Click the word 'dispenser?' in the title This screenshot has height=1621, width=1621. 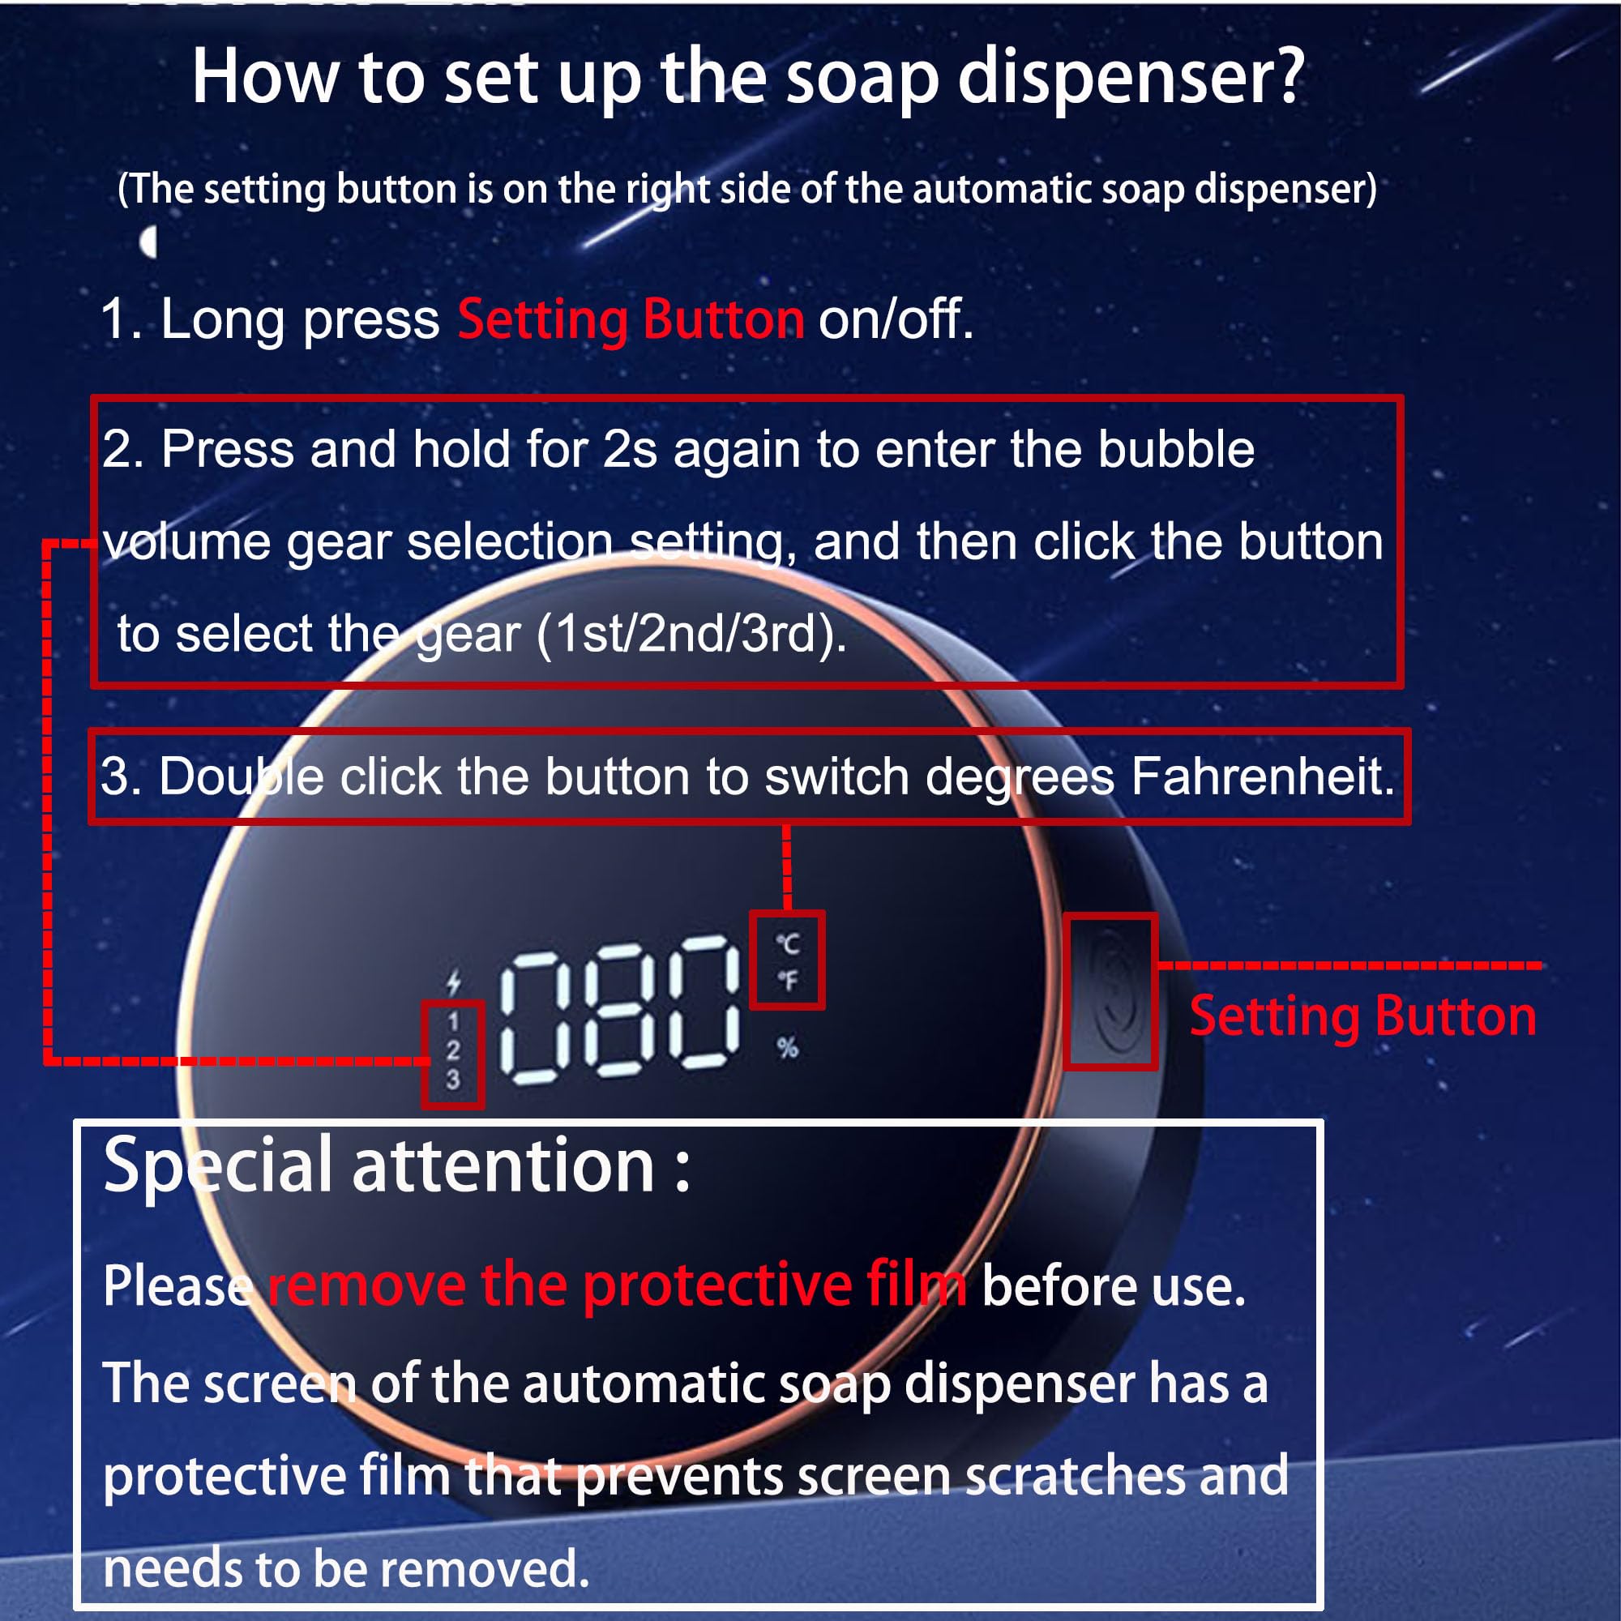pos(1130,78)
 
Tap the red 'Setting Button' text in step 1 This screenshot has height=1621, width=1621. pos(630,319)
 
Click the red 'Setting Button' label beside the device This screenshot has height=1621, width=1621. pos(1362,1016)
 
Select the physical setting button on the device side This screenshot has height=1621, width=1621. pos(1111,991)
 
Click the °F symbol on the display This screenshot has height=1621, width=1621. pos(787,979)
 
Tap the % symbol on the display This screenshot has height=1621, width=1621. pos(787,1047)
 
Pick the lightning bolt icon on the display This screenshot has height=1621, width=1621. pos(454,981)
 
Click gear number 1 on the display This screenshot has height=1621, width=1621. pos(453,1021)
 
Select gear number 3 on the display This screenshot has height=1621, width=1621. pos(453,1079)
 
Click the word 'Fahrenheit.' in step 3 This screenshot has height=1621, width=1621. pos(1262,776)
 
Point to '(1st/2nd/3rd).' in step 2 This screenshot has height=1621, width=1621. pos(691,634)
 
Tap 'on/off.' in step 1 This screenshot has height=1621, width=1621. pos(896,319)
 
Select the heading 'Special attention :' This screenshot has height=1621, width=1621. pos(396,1166)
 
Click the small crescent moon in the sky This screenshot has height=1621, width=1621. pos(149,243)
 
